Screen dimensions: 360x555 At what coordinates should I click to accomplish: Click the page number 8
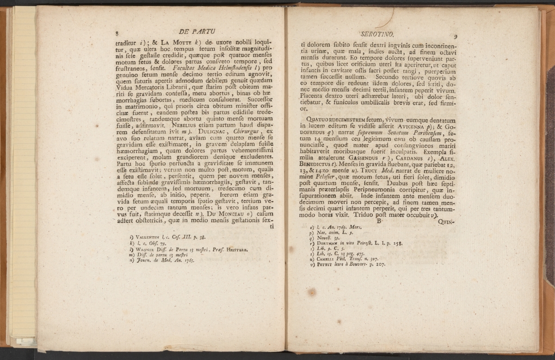(x=118, y=33)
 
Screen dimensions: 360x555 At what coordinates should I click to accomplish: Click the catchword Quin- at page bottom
(x=446, y=221)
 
